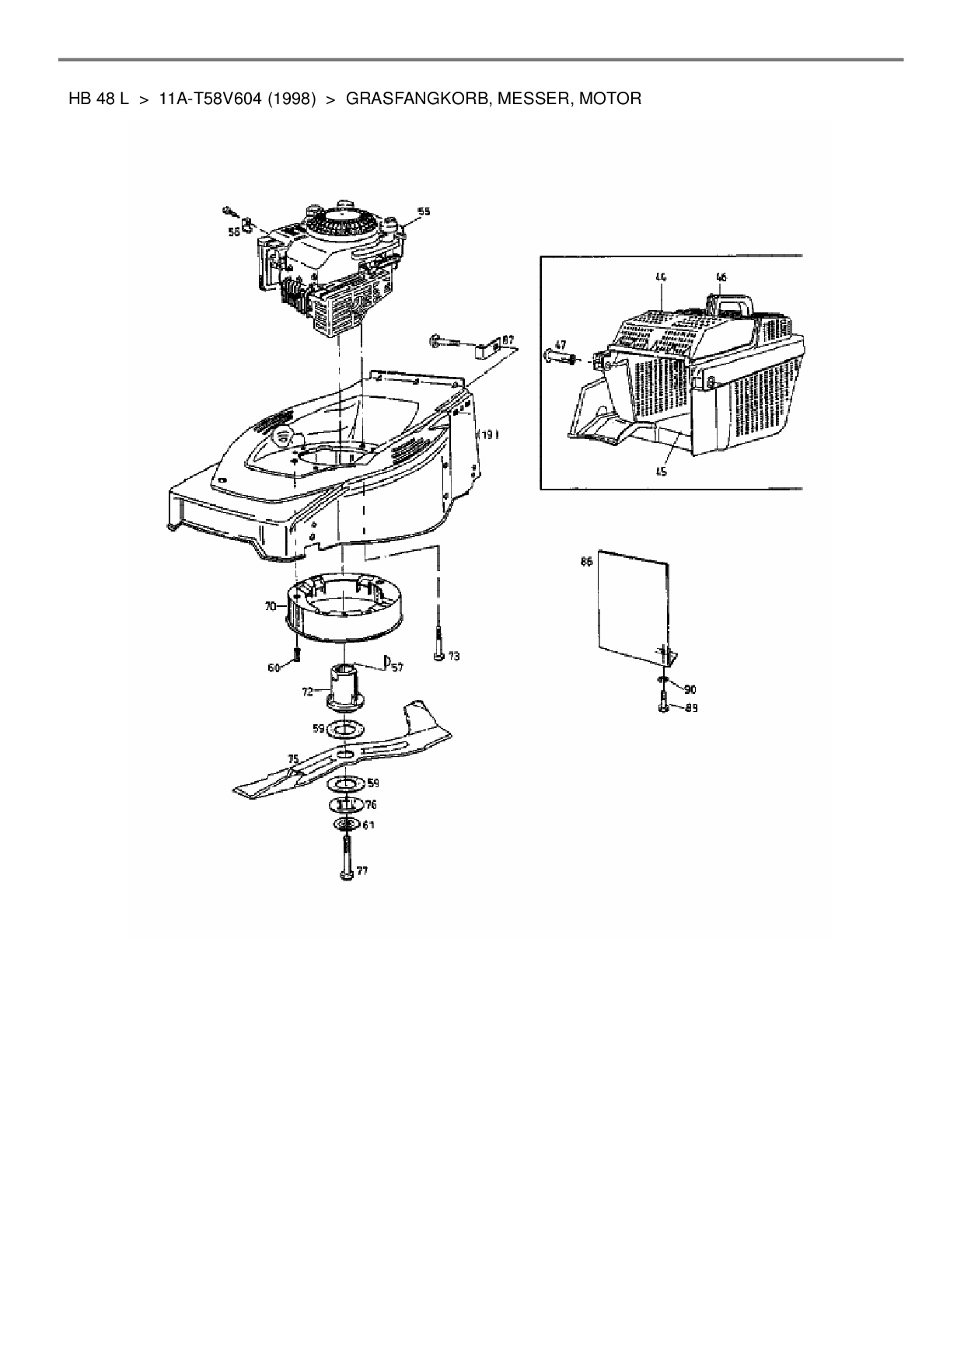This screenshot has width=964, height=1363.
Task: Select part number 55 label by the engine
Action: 424,211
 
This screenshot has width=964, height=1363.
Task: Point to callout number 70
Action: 270,605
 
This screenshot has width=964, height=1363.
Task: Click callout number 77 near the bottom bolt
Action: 362,871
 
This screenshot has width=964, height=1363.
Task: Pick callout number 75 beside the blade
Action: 293,758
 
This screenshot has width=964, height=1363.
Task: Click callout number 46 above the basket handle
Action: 721,277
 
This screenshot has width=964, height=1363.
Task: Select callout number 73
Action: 454,657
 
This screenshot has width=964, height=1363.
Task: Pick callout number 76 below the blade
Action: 371,804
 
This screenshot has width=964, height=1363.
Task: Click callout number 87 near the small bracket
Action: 508,339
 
